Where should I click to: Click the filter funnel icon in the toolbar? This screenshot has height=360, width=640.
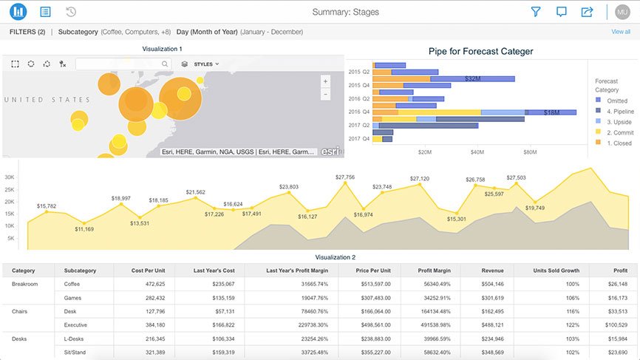(537, 12)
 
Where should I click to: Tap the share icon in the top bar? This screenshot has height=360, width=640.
(587, 12)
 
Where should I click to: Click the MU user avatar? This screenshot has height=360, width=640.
(622, 12)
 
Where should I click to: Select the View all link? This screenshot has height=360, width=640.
(621, 32)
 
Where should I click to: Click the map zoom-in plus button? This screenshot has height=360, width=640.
(325, 81)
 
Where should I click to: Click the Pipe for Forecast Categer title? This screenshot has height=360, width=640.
(480, 52)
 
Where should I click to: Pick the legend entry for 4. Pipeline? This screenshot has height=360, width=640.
(613, 111)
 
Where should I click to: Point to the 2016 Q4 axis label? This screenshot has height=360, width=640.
(358, 112)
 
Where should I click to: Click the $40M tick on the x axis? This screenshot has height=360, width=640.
(477, 152)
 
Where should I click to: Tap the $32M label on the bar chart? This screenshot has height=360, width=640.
(474, 78)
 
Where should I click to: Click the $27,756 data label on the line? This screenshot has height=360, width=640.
(345, 177)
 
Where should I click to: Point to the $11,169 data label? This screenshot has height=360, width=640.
(84, 229)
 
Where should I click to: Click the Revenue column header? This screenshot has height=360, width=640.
(492, 271)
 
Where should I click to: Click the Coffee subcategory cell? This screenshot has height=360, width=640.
(72, 284)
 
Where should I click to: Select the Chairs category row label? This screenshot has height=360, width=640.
(21, 311)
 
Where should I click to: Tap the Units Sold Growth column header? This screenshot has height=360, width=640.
(556, 271)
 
